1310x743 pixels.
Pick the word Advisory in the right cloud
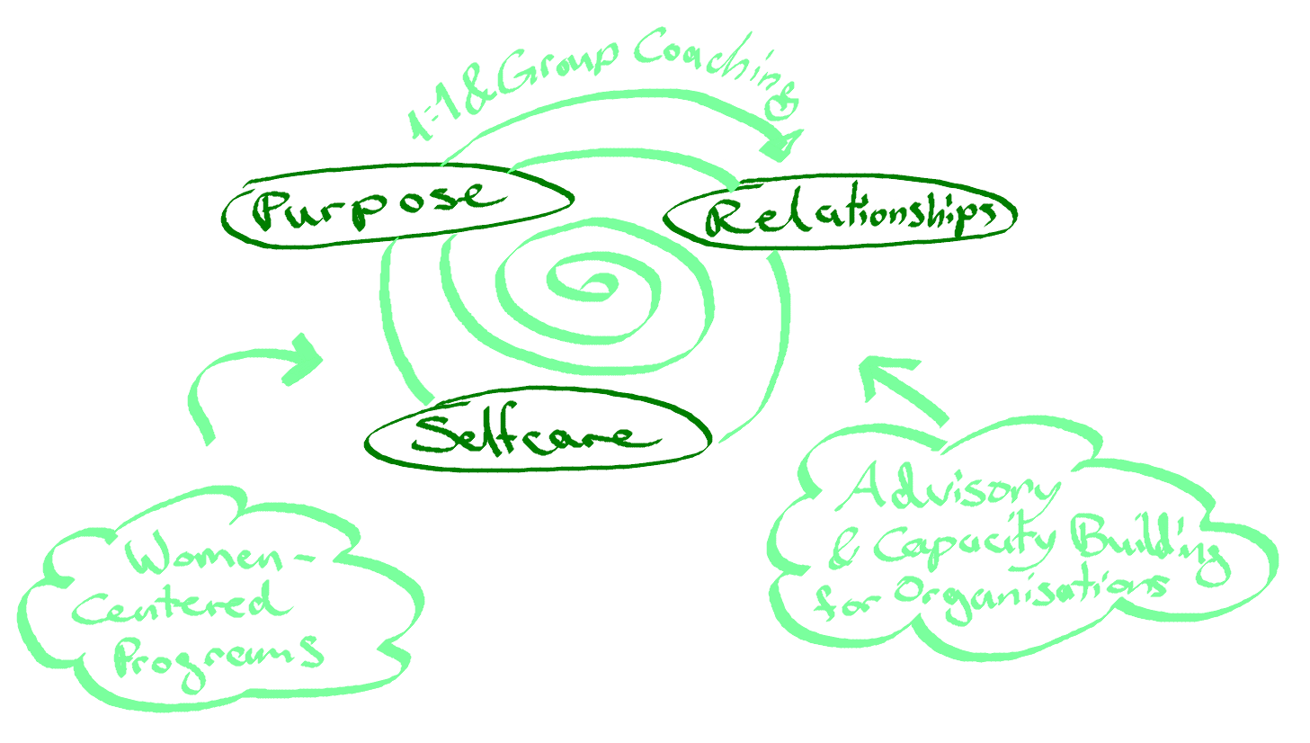953,491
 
